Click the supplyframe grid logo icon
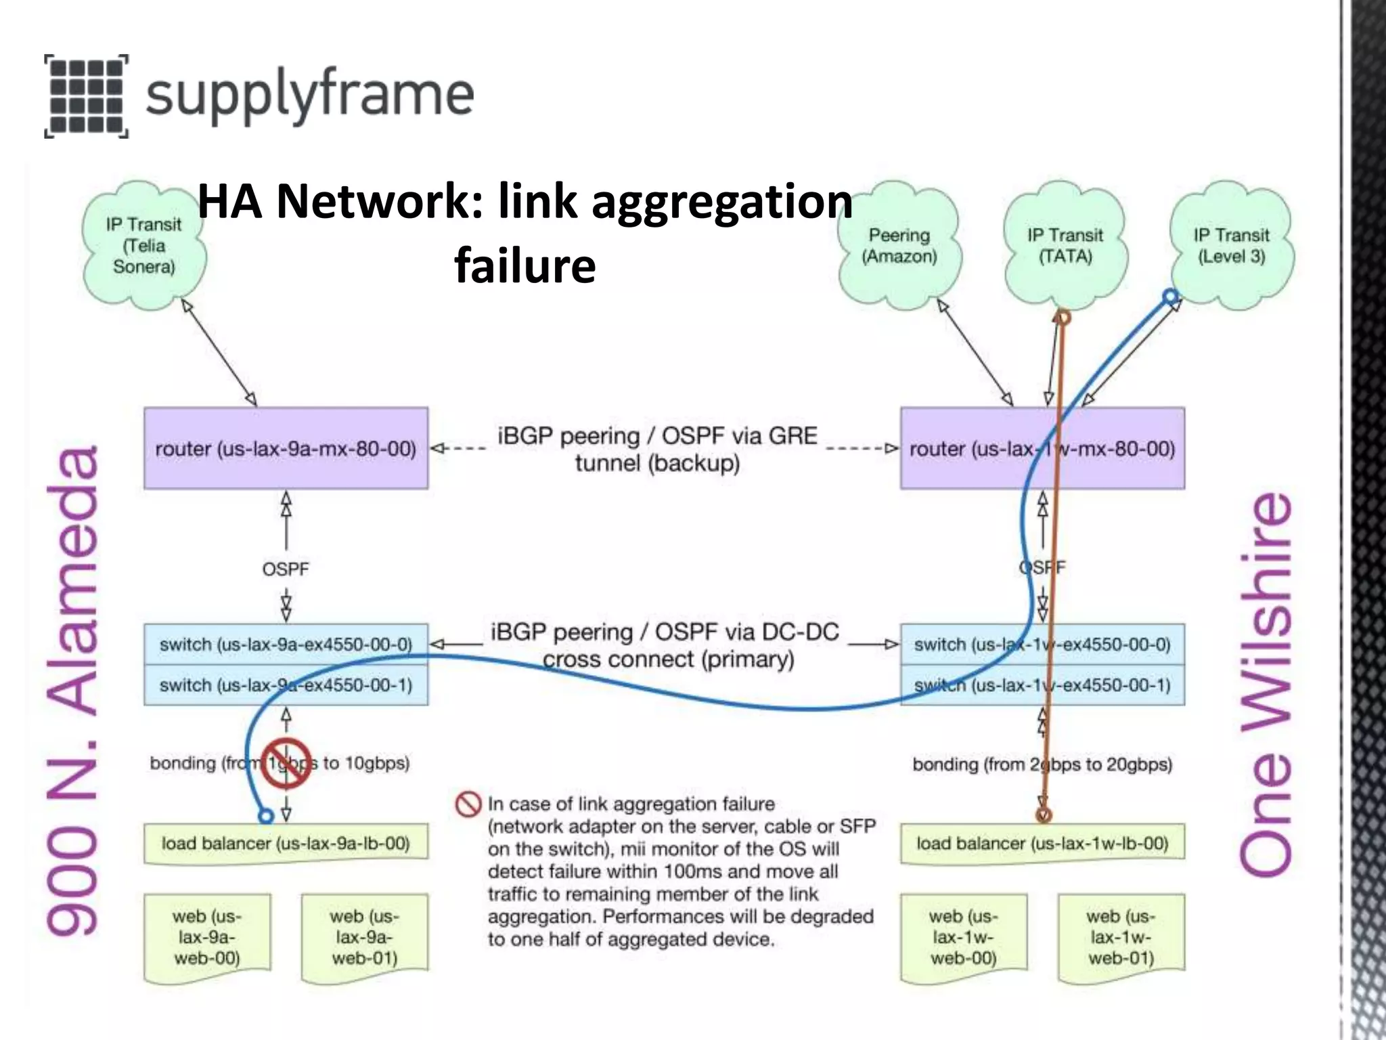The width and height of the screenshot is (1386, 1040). (x=87, y=96)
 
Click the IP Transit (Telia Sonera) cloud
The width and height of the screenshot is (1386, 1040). (x=143, y=245)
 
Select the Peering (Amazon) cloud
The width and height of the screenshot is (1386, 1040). (x=899, y=246)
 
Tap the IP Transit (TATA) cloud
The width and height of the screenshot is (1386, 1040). (x=1065, y=246)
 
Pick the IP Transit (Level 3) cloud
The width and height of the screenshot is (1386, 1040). (x=1231, y=246)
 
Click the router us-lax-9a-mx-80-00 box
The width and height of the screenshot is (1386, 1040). (x=286, y=448)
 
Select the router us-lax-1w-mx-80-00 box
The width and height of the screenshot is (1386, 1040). (x=1042, y=448)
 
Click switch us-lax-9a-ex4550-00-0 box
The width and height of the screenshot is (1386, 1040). (x=286, y=644)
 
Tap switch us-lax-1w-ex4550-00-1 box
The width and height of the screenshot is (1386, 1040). (x=1042, y=685)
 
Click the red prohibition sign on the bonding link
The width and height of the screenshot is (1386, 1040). (x=286, y=764)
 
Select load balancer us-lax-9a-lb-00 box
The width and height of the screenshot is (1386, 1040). (x=286, y=844)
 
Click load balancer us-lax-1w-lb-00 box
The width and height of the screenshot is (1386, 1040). (x=1042, y=844)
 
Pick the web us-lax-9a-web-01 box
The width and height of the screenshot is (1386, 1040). (x=364, y=937)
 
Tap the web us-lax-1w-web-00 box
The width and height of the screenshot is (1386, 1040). (x=963, y=937)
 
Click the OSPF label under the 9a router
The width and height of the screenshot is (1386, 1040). (x=286, y=569)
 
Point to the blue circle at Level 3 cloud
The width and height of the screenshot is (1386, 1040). (x=1171, y=297)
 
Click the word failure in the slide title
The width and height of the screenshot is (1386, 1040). (x=525, y=265)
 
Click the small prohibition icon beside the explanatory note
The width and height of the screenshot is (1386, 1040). (x=468, y=804)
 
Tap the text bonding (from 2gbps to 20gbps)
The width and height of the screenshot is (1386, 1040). (x=1042, y=764)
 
